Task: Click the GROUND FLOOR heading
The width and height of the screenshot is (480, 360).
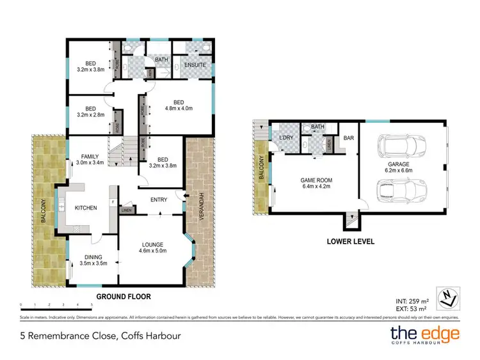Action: pyautogui.click(x=123, y=297)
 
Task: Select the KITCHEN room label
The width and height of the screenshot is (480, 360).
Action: pyautogui.click(x=85, y=208)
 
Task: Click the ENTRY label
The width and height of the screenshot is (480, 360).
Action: pyautogui.click(x=159, y=200)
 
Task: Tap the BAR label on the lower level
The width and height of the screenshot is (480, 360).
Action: pyautogui.click(x=349, y=137)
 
